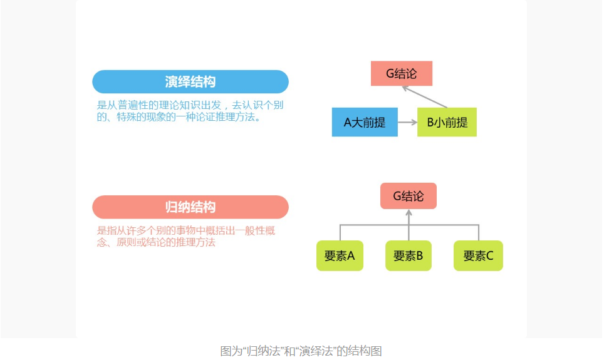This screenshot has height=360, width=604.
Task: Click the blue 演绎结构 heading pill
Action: (190, 82)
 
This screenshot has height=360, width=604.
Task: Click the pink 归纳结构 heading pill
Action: (190, 207)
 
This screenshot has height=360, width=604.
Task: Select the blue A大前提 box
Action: (365, 122)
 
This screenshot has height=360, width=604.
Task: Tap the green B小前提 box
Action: (447, 122)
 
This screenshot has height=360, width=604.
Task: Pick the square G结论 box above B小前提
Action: (401, 73)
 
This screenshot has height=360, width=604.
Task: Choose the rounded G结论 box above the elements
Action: (408, 196)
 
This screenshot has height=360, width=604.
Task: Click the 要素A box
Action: (340, 255)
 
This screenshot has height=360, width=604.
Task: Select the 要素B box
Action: (408, 255)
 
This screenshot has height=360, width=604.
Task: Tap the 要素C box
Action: (478, 255)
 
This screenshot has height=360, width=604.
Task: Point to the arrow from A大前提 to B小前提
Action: (408, 122)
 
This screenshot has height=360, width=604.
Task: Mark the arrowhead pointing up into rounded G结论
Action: (409, 213)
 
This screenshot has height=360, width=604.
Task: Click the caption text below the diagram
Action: (301, 351)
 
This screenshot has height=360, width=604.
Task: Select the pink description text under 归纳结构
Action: (186, 236)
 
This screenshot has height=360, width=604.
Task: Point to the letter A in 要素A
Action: (351, 255)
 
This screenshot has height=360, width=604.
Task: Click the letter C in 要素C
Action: (489, 255)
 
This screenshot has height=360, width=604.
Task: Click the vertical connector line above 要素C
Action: (479, 232)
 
